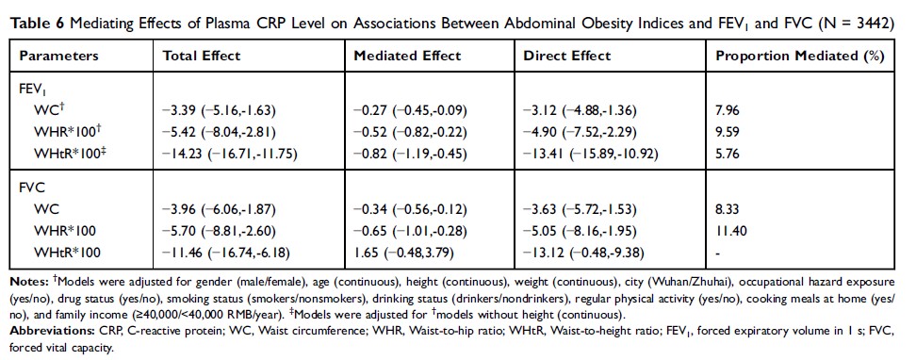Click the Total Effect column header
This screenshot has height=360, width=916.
(x=202, y=57)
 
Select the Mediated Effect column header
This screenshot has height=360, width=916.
(x=408, y=57)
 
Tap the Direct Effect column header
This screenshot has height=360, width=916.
(x=566, y=57)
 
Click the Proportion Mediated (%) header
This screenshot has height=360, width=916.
(x=800, y=57)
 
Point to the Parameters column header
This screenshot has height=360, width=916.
(x=59, y=57)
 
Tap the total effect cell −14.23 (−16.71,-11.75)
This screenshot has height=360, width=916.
(x=231, y=155)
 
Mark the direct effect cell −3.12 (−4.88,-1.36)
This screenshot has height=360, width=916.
(x=580, y=110)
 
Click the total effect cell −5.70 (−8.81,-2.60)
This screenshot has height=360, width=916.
(x=219, y=231)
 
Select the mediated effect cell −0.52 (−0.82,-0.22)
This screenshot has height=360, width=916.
(x=410, y=132)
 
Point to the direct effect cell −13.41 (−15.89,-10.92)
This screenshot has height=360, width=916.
(x=591, y=155)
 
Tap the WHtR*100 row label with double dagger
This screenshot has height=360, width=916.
(x=68, y=155)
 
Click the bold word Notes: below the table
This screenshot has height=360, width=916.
(x=29, y=283)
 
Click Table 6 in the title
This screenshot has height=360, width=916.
(x=36, y=24)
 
